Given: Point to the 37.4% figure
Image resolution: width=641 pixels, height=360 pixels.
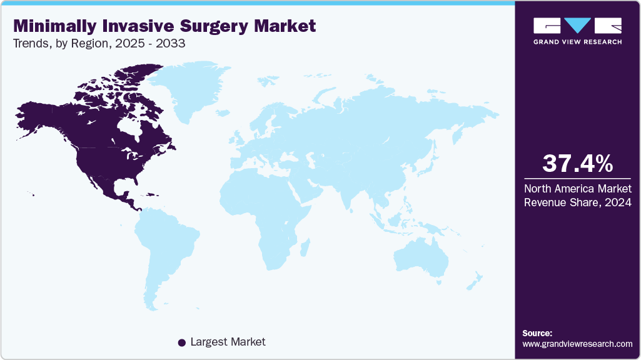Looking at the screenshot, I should click(x=577, y=163).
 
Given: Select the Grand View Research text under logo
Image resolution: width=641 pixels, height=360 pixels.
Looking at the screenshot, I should click(x=577, y=42).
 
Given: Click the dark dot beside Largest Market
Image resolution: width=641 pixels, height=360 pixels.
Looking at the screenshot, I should click(x=181, y=342).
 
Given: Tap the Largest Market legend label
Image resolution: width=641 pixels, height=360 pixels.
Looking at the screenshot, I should click(x=228, y=342).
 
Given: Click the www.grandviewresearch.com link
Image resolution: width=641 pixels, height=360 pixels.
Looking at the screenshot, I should click(x=577, y=344).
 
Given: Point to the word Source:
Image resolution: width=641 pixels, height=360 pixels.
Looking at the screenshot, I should click(x=537, y=333).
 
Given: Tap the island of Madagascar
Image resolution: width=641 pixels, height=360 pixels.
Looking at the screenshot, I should click(x=305, y=247).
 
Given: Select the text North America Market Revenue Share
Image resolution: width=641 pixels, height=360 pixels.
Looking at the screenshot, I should click(x=577, y=195).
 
